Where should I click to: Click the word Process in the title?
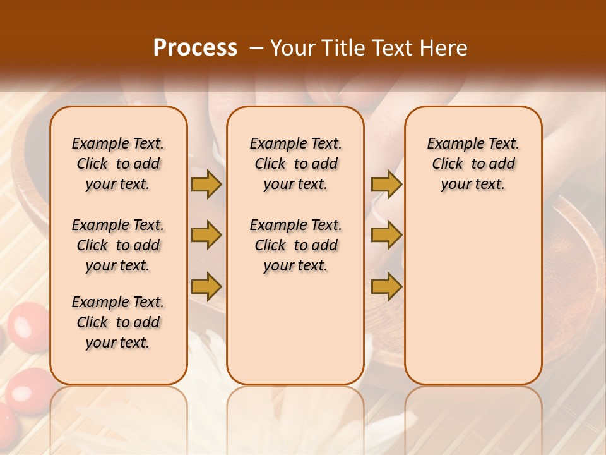pos(195,48)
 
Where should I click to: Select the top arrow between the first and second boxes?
pos(206,184)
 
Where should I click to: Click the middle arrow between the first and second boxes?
pos(206,235)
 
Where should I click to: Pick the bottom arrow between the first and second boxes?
pos(206,287)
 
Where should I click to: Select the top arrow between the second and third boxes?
pos(386,184)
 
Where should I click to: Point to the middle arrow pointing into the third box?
pos(386,235)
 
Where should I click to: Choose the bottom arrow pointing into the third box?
pos(386,287)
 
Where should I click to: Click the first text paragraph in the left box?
pos(118,164)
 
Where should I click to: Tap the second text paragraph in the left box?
pos(118,245)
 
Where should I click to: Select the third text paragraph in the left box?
pos(118,322)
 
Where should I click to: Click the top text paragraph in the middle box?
pos(295,164)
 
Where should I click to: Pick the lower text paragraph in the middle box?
pos(295,245)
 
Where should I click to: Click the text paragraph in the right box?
pos(473,164)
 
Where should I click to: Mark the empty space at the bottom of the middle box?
pos(295,335)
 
